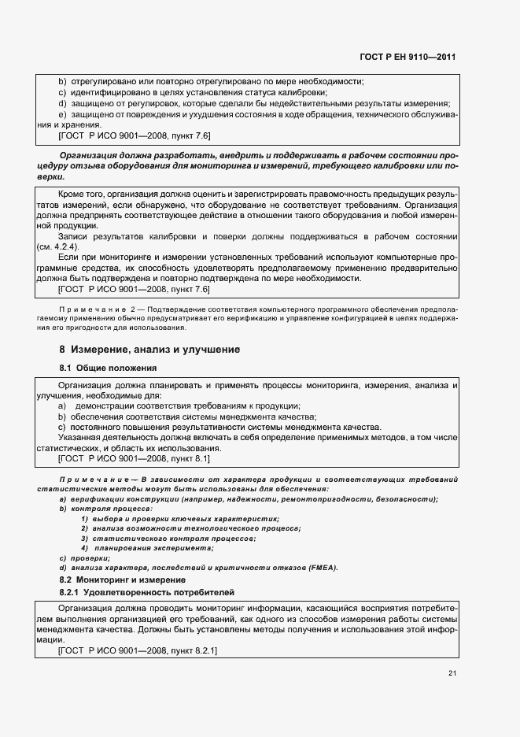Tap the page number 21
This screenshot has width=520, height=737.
452,672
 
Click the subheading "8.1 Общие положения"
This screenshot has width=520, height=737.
108,368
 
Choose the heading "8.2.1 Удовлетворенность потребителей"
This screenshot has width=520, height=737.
147,592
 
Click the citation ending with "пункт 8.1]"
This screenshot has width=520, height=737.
134,458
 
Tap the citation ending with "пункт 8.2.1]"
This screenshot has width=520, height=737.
138,651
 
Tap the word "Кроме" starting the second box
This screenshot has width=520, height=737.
72,194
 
